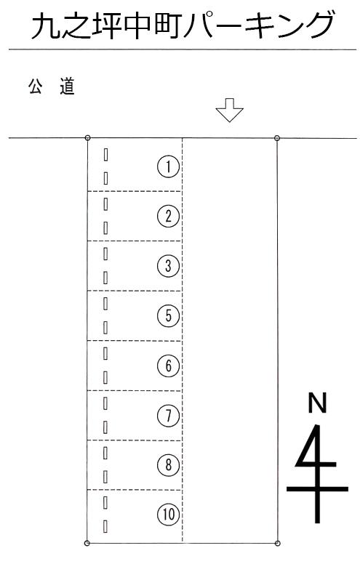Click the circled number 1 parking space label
point(168,166)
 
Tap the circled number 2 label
point(168,216)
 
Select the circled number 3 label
point(168,266)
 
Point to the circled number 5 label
point(168,316)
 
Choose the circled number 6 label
point(168,366)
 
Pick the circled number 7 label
point(168,416)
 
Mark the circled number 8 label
point(168,464)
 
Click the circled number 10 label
point(168,515)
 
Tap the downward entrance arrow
point(229,110)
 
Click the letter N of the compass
point(317,403)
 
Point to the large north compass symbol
point(317,473)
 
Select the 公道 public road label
point(52,86)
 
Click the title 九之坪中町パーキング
point(183,26)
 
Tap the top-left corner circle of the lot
point(87,138)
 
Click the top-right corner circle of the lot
point(277,138)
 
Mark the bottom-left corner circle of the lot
point(87,543)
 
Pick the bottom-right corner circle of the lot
point(277,543)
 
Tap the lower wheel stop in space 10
point(105,526)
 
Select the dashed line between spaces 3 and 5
point(135,291)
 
